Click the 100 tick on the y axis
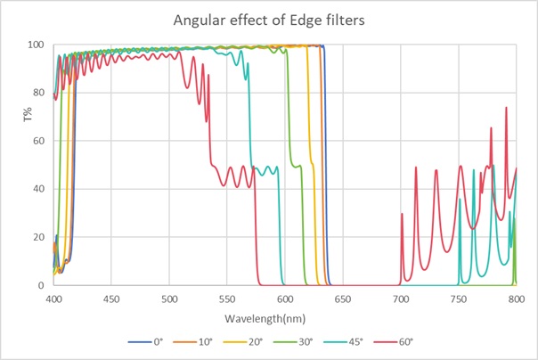pyautogui.click(x=37, y=45)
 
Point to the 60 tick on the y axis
pyautogui.click(x=39, y=141)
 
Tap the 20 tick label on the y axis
pyautogui.click(x=39, y=237)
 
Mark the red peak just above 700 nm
pyautogui.click(x=402, y=214)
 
